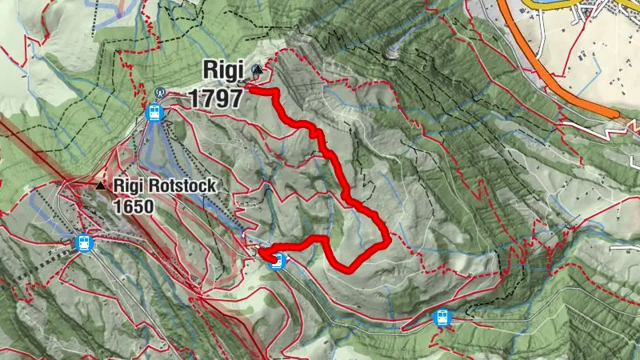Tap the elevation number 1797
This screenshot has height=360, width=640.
tap(216, 98)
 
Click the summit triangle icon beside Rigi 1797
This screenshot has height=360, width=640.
tap(257, 70)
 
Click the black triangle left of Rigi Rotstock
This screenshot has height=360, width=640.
tap(100, 186)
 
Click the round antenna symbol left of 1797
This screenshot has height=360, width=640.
tap(159, 93)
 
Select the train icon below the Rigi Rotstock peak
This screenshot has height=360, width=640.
tap(82, 243)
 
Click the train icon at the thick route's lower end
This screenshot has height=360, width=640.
tap(277, 261)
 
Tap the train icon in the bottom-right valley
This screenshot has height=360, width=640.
tap(441, 318)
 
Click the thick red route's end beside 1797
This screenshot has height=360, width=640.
tap(250, 90)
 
